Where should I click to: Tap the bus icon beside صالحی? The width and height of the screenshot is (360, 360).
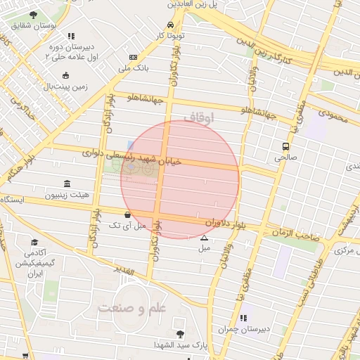285,146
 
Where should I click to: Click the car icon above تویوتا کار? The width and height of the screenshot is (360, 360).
171,23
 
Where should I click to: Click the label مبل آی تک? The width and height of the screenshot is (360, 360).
127,226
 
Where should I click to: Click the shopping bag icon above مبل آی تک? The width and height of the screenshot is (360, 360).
127,214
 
